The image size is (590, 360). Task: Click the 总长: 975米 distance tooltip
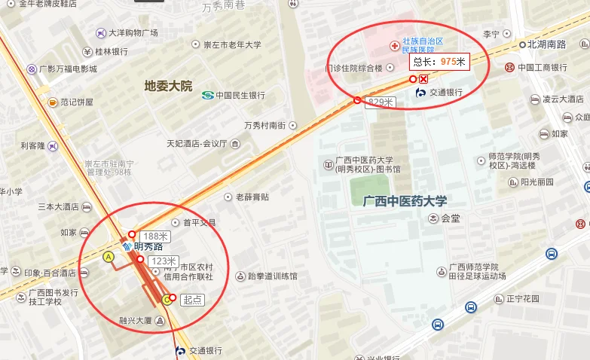tap(439, 61)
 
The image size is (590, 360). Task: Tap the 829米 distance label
tap(379, 102)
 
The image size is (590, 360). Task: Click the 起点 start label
tap(192, 299)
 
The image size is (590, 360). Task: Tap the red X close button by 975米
tap(423, 79)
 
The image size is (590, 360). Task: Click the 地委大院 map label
tap(168, 86)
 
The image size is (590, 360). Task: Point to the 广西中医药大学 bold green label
tap(405, 201)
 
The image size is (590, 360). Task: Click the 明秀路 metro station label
tap(148, 246)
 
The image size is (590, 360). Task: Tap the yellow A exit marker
tap(109, 257)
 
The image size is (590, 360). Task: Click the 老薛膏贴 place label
tap(252, 197)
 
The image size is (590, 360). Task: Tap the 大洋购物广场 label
tap(133, 32)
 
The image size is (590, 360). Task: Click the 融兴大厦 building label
tap(136, 320)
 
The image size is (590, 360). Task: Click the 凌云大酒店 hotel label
tap(562, 99)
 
